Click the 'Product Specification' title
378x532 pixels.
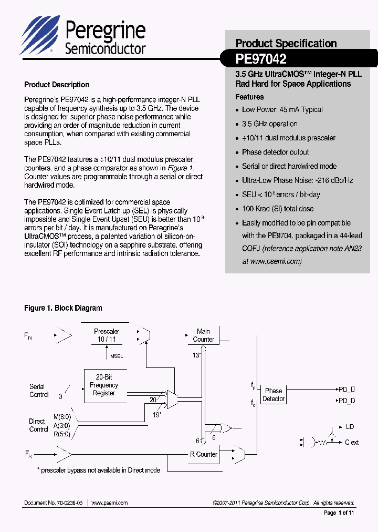tap(286, 44)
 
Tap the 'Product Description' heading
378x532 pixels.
tap(57, 85)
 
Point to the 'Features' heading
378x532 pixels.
tap(249, 97)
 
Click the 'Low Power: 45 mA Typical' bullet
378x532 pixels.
tap(282, 110)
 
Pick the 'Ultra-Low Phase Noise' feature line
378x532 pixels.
tap(297, 180)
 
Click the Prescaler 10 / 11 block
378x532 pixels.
tap(107, 335)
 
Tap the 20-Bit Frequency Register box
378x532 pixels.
tap(104, 385)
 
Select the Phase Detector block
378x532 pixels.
tap(274, 395)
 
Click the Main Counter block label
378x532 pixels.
tap(203, 335)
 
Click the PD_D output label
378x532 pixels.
tap(346, 401)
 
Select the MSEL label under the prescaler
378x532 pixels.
tap(117, 356)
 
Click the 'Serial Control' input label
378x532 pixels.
tap(38, 391)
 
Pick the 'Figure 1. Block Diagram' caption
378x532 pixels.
tap(63, 308)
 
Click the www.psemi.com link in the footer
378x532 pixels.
tap(109, 503)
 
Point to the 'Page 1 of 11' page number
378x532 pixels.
tap(339, 513)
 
